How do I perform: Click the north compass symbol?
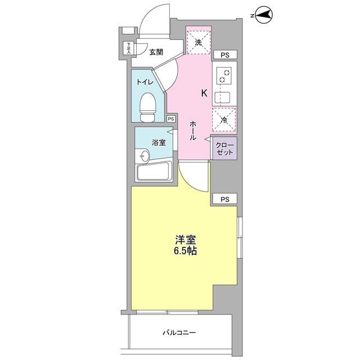[264, 16]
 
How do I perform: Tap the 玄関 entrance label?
[156, 52]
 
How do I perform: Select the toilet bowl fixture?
[148, 107]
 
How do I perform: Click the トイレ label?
[145, 82]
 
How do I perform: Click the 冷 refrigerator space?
[224, 120]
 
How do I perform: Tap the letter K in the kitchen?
[204, 93]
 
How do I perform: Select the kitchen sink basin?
[223, 98]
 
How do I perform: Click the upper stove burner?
[227, 73]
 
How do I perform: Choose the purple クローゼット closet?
[225, 148]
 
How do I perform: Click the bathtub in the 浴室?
[155, 171]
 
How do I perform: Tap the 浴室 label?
[159, 142]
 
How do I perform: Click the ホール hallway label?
[193, 130]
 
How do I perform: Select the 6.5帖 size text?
[185, 251]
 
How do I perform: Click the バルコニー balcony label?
[179, 332]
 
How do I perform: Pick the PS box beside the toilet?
[171, 119]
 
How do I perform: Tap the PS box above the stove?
[225, 55]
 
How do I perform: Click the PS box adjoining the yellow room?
[225, 199]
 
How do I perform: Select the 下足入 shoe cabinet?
[129, 48]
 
